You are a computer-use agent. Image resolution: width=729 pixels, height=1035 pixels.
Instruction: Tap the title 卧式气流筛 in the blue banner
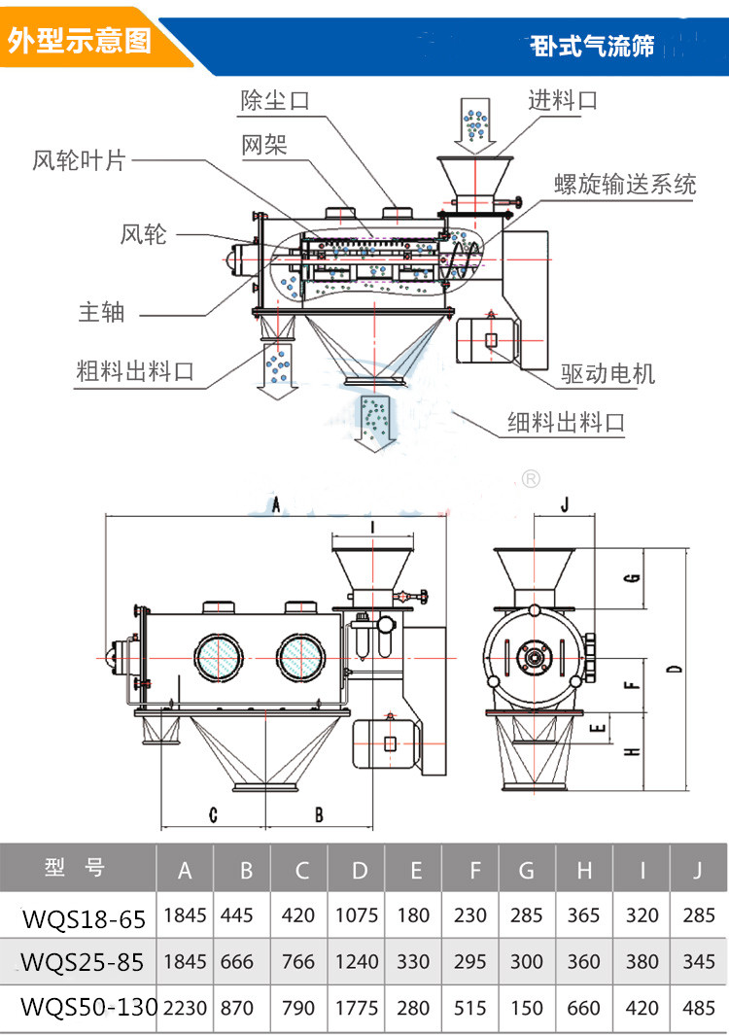pos(593,46)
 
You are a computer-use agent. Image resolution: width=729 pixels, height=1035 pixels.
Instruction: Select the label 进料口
pos(563,100)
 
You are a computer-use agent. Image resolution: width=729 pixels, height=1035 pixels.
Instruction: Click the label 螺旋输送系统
pos(625,185)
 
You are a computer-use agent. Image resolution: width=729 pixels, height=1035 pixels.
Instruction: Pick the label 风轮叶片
pos(79,161)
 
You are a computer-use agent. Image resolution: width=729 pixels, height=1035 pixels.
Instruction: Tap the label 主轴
pos(101,312)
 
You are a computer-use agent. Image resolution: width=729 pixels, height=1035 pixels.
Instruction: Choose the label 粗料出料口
pos(135,370)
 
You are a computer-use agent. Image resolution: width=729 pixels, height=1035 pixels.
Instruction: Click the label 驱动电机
pos(608,373)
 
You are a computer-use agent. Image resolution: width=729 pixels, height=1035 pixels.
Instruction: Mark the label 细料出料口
pos(566,423)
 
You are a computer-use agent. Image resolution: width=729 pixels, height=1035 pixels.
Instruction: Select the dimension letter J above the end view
pos(566,504)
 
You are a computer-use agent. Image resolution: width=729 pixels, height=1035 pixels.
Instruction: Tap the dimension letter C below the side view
pos(213,814)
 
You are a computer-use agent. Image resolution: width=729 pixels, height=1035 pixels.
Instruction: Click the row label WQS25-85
pos(83,962)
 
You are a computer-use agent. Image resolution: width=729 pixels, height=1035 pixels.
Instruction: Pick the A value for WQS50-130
pos(185,1008)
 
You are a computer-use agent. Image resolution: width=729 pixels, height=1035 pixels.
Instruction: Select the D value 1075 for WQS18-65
pos(357,914)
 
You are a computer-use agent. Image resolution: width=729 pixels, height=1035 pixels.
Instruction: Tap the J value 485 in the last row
pos(697,1008)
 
